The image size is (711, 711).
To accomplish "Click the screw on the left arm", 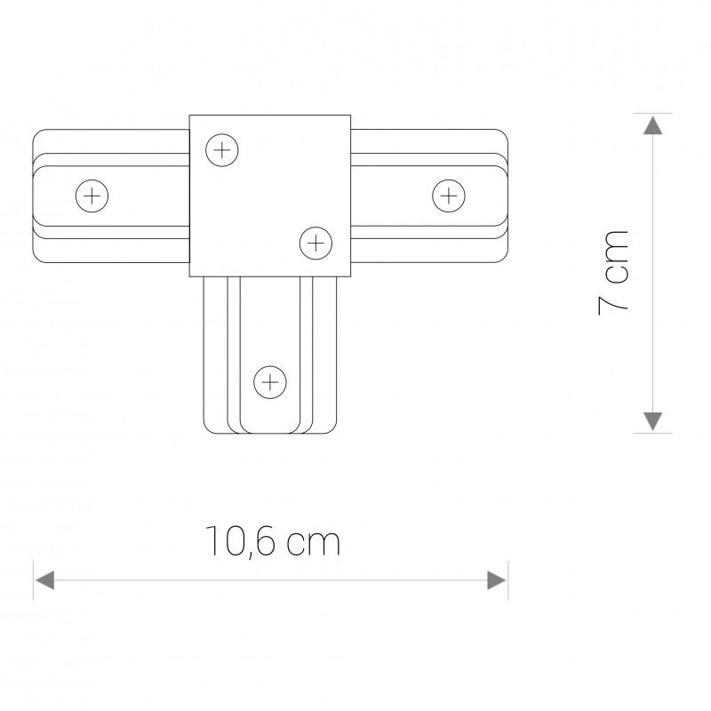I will tap(92, 195).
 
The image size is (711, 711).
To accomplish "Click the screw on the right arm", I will tap(449, 195).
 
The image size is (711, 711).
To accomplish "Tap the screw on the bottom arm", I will tap(269, 383).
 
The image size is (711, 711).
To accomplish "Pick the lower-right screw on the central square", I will tap(315, 242).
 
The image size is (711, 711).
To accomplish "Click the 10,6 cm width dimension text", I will tap(273, 541).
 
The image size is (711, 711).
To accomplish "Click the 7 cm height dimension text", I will tap(613, 270).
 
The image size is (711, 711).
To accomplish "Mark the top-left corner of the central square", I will tap(190, 116).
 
